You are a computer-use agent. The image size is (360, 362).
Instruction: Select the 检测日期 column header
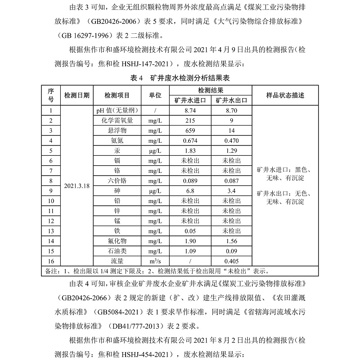[x=77, y=95]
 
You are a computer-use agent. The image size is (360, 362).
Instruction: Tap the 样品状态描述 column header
[x=285, y=95]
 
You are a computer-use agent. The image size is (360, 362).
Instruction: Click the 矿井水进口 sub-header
[x=190, y=100]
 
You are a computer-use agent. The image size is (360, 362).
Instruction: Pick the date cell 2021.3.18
[x=77, y=186]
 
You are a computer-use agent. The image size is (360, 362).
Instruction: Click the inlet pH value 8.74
[x=190, y=110]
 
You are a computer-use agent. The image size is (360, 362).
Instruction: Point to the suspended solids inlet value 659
[x=190, y=131]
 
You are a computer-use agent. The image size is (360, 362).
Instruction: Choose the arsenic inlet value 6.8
[x=190, y=190]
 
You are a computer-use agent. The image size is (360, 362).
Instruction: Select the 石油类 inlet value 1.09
[x=190, y=251]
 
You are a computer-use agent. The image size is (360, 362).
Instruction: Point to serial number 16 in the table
[x=51, y=261]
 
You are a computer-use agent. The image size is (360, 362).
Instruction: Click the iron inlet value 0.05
[x=190, y=231]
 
